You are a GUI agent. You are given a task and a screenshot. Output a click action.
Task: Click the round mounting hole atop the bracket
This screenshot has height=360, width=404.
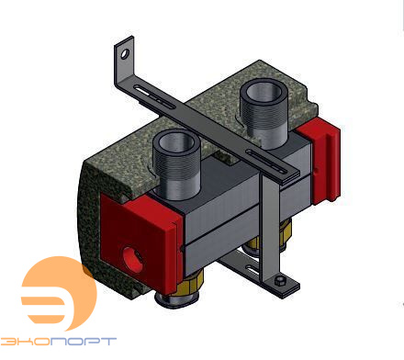125,54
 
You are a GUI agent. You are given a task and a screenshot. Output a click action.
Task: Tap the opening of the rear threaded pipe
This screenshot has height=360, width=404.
264,92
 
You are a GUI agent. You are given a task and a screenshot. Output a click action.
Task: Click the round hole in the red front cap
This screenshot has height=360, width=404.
132,259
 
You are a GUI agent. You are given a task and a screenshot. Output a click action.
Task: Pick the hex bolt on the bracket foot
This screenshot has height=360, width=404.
279,281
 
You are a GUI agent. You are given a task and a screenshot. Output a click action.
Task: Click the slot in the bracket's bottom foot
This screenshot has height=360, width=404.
253,271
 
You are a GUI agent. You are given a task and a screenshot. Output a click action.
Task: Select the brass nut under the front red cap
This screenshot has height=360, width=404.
187,283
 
